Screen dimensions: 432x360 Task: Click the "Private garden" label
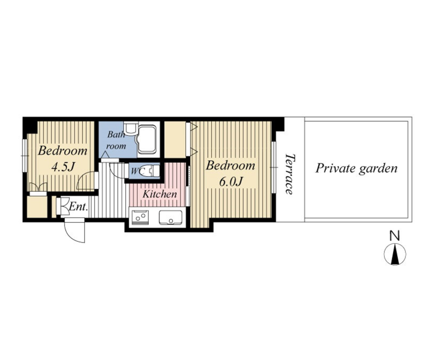[356, 168]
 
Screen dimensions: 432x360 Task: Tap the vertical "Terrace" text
[289, 174]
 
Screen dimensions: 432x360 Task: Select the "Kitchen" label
[160, 194]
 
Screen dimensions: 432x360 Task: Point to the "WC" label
[138, 171]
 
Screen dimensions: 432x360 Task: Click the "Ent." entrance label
[78, 207]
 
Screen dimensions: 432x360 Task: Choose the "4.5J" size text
[63, 167]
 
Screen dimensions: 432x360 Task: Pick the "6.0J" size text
[230, 181]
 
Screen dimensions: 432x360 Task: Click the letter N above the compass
[395, 236]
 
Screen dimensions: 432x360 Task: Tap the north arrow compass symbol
[395, 254]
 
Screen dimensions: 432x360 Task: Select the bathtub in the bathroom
[147, 139]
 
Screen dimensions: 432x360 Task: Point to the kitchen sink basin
[170, 218]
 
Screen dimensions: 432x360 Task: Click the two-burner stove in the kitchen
[140, 217]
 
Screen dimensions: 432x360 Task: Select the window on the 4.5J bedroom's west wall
[25, 156]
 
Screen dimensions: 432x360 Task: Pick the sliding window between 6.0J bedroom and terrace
[273, 167]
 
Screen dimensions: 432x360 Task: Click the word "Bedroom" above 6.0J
[230, 166]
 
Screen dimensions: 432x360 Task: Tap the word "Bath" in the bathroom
[116, 135]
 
